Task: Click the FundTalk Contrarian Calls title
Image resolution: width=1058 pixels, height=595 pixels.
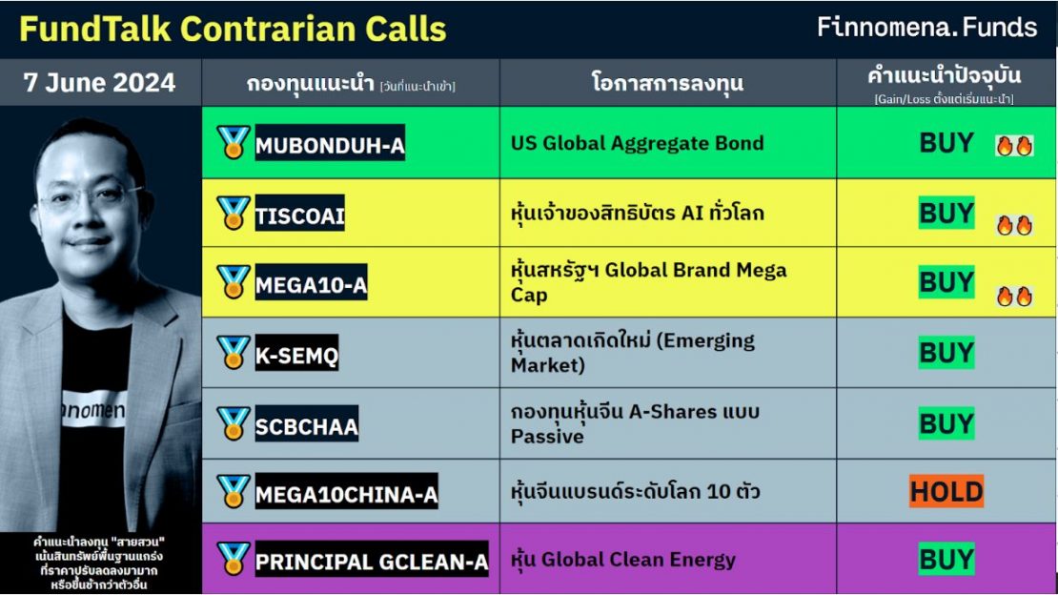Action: (233, 29)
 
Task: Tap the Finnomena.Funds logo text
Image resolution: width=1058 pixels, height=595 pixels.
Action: (926, 27)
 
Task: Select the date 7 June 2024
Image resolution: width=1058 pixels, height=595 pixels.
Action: (99, 83)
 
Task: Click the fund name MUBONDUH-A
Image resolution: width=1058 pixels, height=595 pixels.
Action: (329, 146)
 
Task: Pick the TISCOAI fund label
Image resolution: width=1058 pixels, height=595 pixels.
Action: (299, 216)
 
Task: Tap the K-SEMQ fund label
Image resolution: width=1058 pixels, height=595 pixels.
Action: (295, 356)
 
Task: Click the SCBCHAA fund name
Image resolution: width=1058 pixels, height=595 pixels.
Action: (306, 425)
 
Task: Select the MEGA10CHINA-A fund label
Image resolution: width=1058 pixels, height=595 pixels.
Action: (346, 494)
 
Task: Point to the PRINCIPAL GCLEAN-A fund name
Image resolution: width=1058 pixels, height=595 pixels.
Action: (371, 562)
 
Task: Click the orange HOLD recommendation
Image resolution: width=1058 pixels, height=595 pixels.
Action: (946, 492)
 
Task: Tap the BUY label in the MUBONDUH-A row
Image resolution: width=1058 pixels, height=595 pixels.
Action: (946, 143)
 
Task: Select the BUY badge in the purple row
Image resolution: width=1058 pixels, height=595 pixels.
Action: (946, 559)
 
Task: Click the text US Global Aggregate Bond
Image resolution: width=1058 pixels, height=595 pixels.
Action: (637, 143)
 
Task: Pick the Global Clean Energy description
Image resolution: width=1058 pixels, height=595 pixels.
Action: (623, 560)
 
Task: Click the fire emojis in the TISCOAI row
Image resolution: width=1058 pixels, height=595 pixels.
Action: (1014, 225)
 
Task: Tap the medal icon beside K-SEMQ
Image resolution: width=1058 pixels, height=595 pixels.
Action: (233, 353)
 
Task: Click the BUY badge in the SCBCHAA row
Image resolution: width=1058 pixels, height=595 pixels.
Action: (946, 422)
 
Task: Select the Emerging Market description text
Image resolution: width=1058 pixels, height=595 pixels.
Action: (632, 353)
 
